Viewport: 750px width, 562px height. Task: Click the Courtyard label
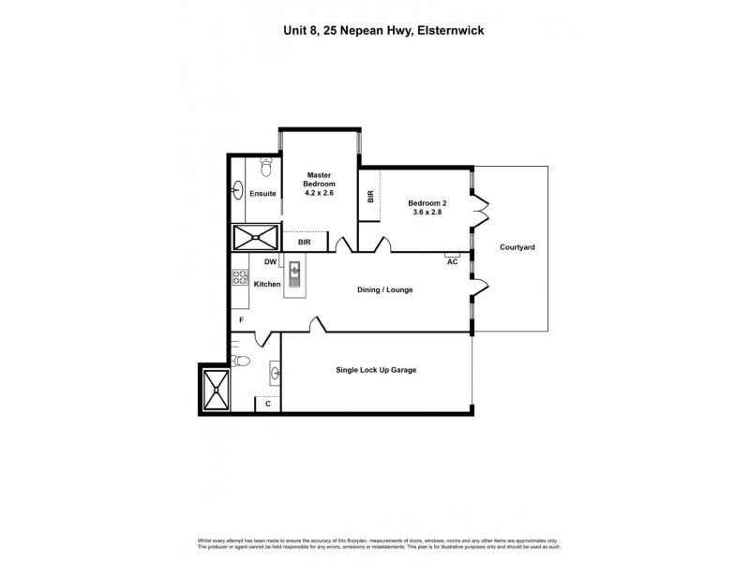(517, 247)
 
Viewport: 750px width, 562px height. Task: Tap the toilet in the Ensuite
(266, 169)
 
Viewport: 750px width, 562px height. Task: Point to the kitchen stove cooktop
(239, 277)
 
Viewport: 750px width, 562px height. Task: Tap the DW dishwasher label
(270, 261)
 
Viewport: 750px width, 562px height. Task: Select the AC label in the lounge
(452, 261)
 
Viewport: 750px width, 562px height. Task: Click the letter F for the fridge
(241, 320)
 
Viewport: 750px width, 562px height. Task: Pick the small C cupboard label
(268, 404)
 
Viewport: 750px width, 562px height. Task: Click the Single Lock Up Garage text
(376, 370)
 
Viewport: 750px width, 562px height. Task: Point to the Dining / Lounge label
(384, 289)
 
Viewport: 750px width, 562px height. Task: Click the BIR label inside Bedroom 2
(370, 197)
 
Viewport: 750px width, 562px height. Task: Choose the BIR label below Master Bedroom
(304, 243)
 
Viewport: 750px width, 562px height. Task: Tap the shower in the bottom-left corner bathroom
(215, 388)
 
